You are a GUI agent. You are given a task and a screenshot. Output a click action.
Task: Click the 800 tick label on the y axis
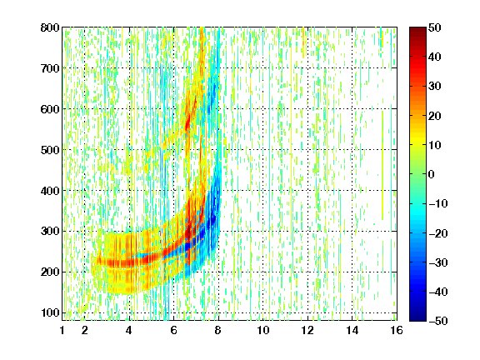point(50,27)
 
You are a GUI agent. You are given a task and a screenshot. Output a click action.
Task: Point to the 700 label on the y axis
point(50,68)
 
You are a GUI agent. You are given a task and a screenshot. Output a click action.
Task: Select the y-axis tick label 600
point(50,109)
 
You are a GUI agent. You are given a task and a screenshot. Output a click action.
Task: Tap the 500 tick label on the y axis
point(50,150)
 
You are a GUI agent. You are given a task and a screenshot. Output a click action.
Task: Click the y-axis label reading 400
point(50,191)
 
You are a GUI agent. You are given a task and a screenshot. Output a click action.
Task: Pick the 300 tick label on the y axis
point(50,232)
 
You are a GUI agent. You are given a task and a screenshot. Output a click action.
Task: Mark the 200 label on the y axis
point(50,272)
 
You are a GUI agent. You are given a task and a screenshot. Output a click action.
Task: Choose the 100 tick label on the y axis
point(50,312)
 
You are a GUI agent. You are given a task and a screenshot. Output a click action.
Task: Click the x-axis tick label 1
point(62,330)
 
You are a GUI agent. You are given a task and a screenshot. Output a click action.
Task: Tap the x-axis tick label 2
point(85,330)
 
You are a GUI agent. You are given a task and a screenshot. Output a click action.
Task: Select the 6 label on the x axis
point(174,330)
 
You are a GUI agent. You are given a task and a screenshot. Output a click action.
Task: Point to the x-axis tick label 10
point(263,330)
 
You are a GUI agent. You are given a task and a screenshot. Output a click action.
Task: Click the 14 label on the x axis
point(352,330)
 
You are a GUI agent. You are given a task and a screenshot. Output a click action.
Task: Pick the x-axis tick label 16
point(397,330)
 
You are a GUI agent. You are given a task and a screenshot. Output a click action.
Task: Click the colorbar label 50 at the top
point(434,27)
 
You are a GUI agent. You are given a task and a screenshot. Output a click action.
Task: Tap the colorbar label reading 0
point(432,174)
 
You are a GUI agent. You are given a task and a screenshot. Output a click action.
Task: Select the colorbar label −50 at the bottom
point(438,321)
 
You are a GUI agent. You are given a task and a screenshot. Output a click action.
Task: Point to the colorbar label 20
point(434,116)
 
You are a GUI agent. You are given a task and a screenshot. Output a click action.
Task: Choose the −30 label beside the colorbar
point(438,262)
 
